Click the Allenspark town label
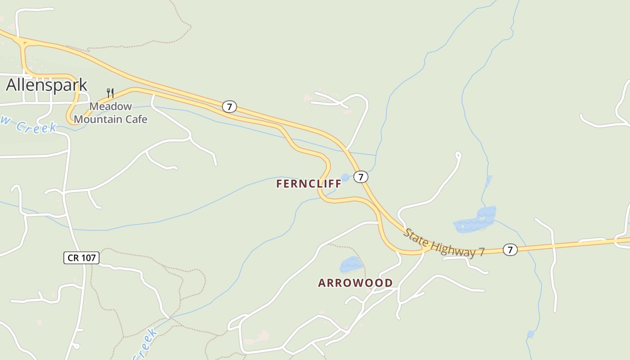46,85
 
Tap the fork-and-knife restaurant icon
110,93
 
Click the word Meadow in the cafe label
111,107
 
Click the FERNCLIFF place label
309,184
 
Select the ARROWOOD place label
355,283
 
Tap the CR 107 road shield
81,258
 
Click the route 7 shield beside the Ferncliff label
360,177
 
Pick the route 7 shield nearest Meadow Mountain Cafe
229,107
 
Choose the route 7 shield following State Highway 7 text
509,249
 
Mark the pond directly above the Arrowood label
351,264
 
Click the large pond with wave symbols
475,220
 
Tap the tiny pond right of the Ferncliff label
345,177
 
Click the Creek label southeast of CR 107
146,344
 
